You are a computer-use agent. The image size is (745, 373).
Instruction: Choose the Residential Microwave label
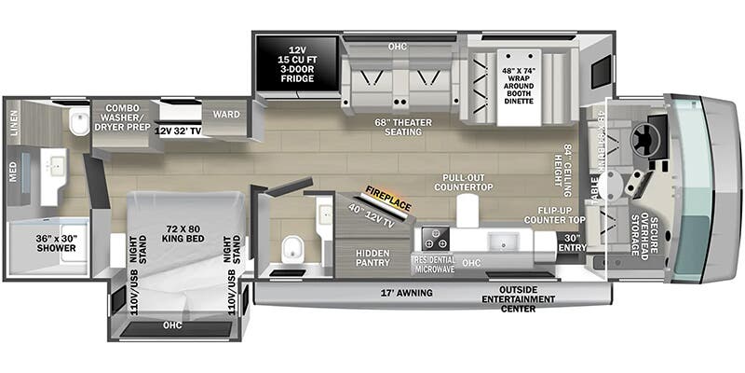[433, 263]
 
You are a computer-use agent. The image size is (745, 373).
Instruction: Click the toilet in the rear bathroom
[78, 123]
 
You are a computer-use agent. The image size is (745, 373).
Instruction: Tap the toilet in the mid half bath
[292, 249]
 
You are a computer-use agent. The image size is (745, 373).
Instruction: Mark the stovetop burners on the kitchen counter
[433, 236]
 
